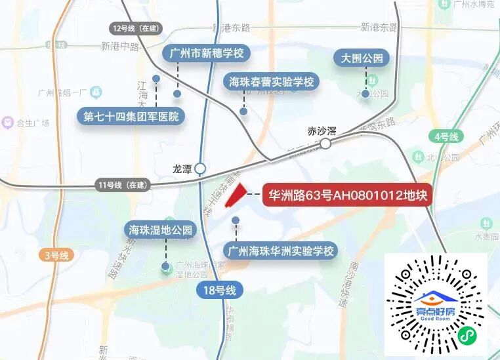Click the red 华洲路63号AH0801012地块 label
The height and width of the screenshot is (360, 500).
point(348,195)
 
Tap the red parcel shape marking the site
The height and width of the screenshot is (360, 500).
point(235,195)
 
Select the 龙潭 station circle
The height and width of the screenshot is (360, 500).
point(200,169)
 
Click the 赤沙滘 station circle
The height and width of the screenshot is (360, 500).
point(325,143)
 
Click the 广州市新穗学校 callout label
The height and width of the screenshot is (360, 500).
point(207,53)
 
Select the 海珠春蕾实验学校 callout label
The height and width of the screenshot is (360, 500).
point(272,82)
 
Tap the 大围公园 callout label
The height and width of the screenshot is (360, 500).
point(362,58)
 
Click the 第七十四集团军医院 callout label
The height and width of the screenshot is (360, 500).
point(131,117)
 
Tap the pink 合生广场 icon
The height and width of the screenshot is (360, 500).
point(8,122)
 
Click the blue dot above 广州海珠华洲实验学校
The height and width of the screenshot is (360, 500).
point(236,220)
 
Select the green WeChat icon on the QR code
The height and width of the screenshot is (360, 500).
point(467,334)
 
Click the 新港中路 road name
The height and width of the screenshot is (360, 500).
point(120,47)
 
